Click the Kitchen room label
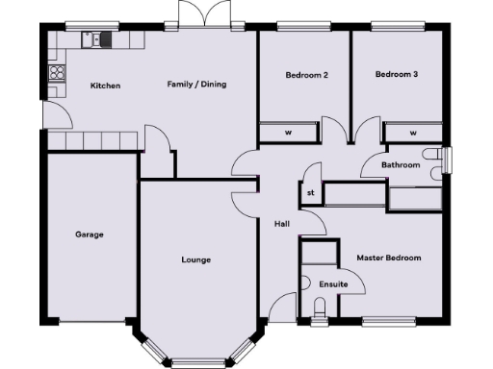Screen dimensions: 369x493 coord(105,86)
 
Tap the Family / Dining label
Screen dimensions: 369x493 coord(196,85)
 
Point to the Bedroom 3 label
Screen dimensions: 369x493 coord(395,74)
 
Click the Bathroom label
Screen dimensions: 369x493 coord(401,165)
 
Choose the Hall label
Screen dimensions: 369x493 coord(282,223)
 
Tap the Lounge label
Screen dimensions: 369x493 coord(196,259)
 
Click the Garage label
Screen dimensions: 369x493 coord(90,234)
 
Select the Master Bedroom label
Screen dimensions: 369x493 coord(389,258)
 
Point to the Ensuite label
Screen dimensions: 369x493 coord(332,283)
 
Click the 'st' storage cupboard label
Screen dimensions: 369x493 coord(311,192)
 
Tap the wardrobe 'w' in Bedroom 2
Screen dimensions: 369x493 coord(288,133)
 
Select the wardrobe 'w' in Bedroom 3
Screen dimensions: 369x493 coord(413,133)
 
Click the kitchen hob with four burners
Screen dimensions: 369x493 coord(57,72)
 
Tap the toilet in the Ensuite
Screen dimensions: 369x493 coord(321,307)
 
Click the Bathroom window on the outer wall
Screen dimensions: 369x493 coord(448,160)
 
